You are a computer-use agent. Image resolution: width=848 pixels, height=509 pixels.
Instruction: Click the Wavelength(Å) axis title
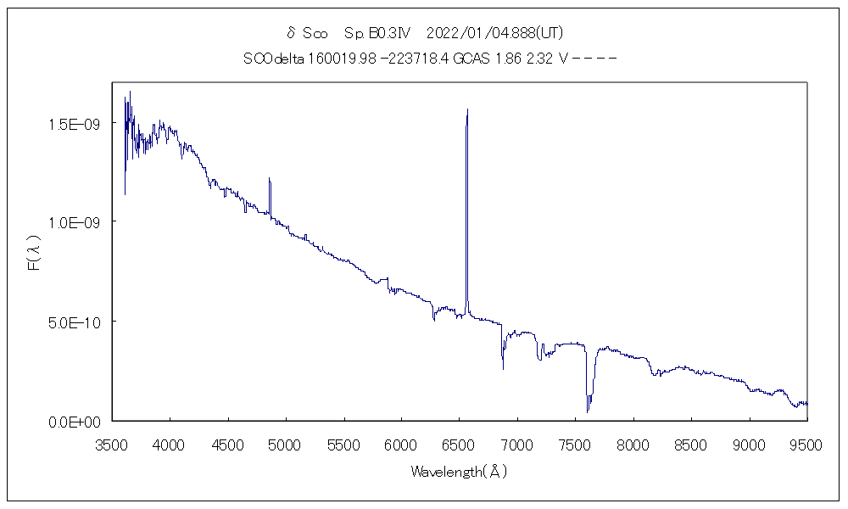click(459, 472)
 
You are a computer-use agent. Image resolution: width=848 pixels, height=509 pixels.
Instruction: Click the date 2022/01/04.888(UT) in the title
click(495, 34)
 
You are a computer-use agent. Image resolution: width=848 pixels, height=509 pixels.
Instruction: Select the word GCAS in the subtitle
click(469, 59)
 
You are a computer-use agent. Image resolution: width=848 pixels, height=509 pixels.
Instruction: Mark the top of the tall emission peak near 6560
click(467, 109)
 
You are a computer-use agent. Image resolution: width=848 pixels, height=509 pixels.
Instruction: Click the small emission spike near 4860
click(270, 179)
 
